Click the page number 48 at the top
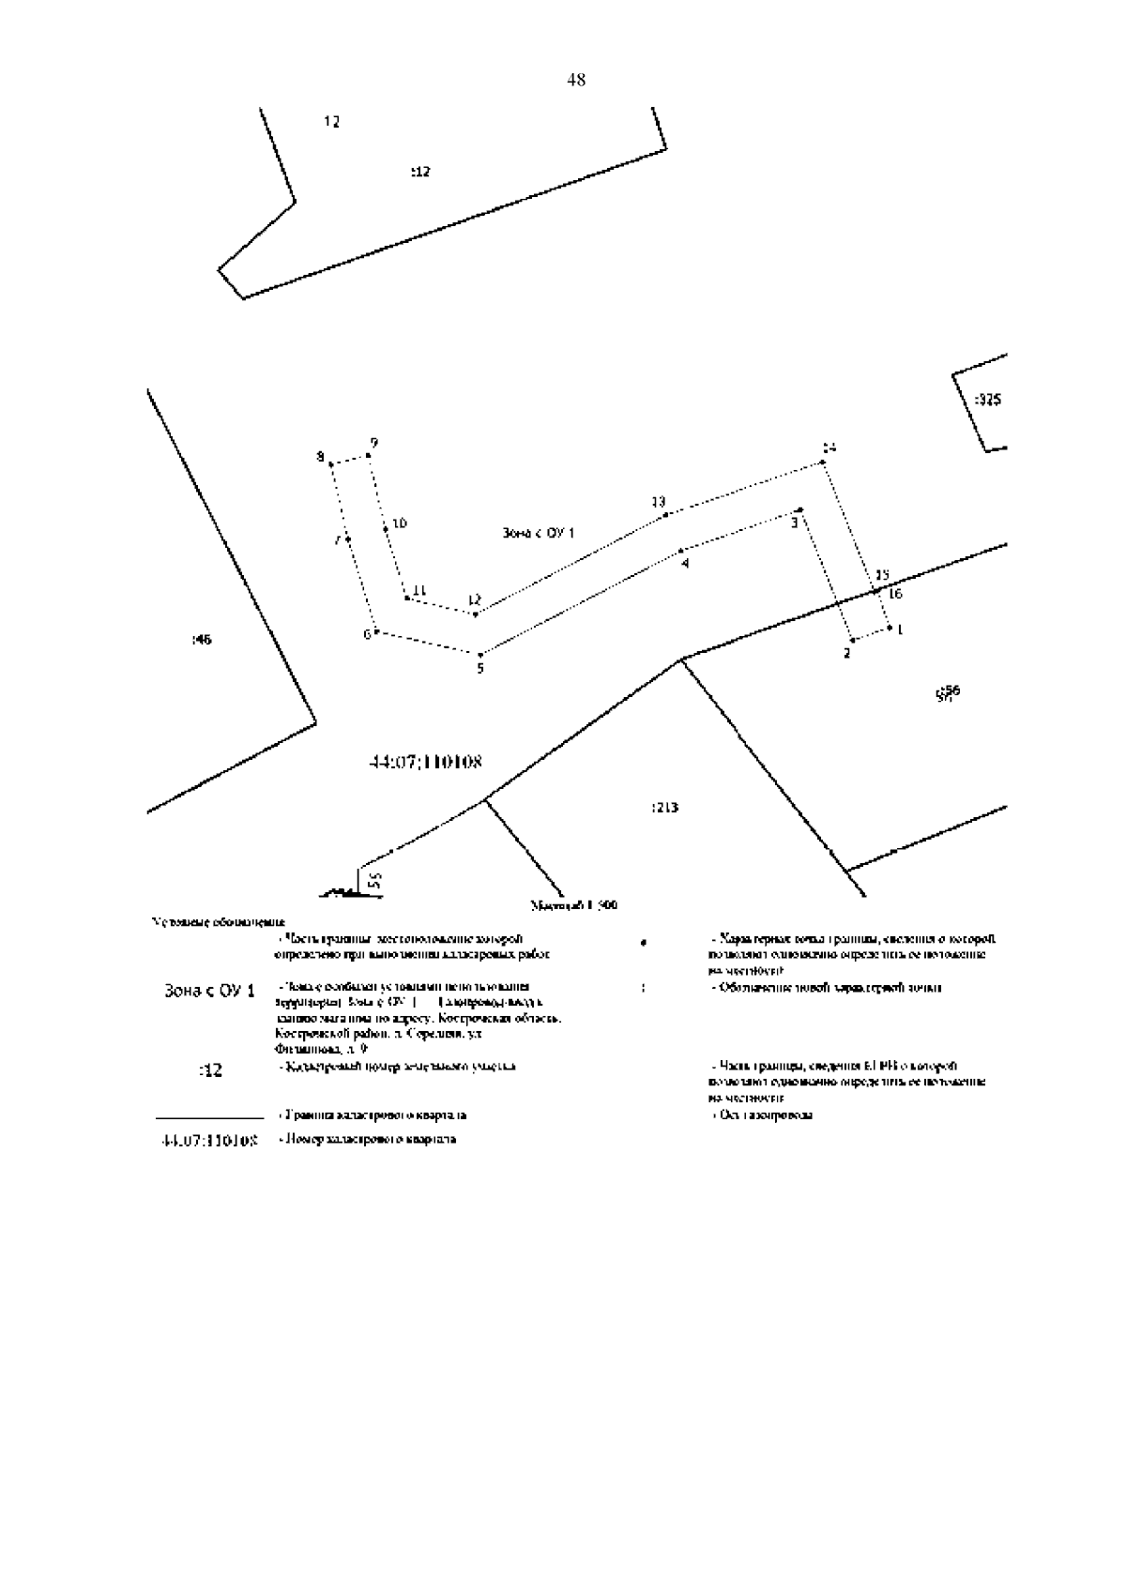click(576, 81)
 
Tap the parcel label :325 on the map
click(987, 400)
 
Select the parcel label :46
click(202, 640)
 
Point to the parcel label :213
click(664, 808)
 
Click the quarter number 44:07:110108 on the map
click(427, 762)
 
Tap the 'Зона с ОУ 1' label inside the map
click(539, 533)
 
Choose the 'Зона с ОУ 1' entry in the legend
click(209, 991)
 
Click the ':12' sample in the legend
click(211, 1070)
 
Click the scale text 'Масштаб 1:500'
click(573, 906)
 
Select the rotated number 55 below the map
click(373, 880)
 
